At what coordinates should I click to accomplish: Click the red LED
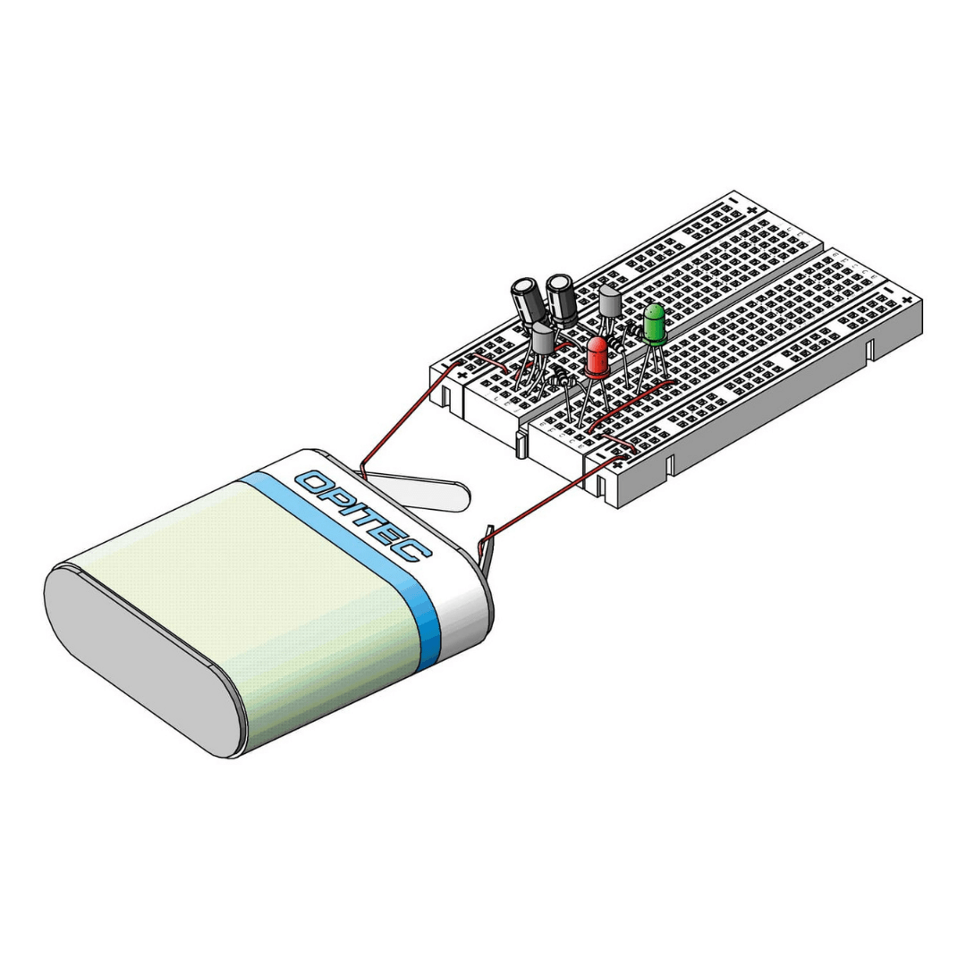click(597, 357)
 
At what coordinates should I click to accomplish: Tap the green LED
click(654, 324)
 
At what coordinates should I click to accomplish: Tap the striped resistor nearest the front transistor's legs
click(563, 376)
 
